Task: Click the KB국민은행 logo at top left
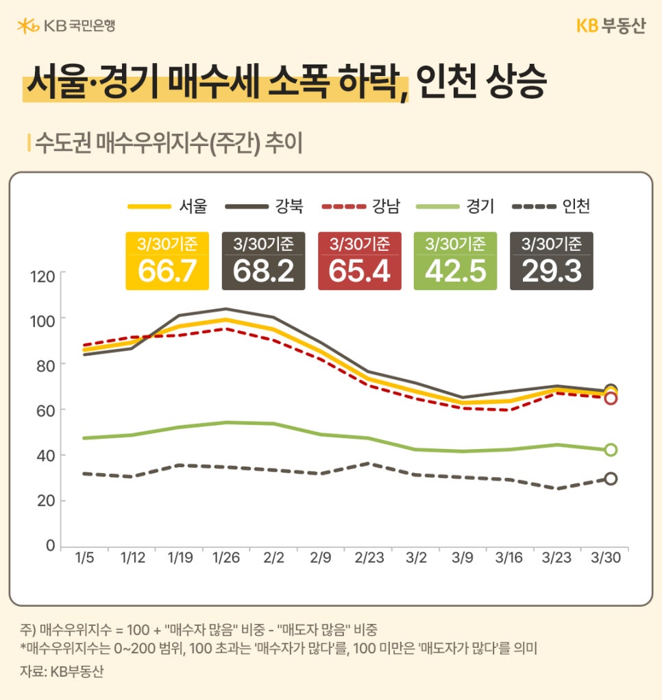[x=66, y=26]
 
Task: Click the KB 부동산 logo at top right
[x=610, y=26]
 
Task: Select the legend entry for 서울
[x=168, y=206]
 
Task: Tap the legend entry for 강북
[x=264, y=206]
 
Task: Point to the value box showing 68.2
[x=263, y=261]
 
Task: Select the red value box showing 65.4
[x=359, y=261]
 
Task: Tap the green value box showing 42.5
[x=455, y=261]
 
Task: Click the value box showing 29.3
[x=551, y=261]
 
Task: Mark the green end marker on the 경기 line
[x=611, y=450]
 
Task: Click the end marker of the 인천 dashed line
[x=611, y=479]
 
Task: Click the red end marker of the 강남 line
[x=611, y=398]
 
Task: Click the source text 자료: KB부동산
[x=62, y=672]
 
